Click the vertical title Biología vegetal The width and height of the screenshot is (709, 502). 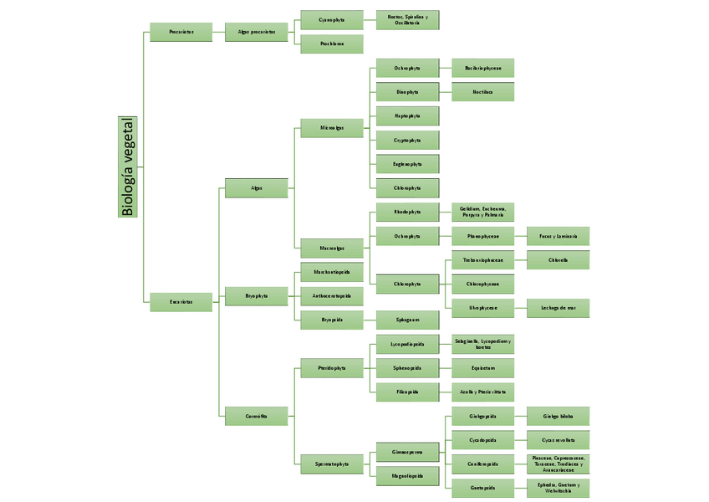128,166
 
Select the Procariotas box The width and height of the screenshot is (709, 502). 181,32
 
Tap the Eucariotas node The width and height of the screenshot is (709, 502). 181,302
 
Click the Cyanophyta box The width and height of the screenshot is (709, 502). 332,20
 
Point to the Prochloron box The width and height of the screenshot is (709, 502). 332,44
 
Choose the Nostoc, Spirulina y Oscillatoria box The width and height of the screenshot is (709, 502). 407,20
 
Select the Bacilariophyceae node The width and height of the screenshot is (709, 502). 482,68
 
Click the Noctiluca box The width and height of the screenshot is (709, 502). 482,92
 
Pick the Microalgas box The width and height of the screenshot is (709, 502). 332,128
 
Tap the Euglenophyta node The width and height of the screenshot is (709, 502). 407,164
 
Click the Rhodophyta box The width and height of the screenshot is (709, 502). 407,212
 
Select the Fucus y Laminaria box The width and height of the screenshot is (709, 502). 558,237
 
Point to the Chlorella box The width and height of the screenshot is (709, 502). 558,260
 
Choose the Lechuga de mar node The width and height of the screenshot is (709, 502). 558,308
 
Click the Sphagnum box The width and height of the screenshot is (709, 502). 407,320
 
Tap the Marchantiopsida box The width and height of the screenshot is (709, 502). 332,272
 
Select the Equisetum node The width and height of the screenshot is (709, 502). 482,367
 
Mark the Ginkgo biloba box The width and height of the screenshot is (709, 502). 558,416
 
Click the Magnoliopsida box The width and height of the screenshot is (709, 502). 407,476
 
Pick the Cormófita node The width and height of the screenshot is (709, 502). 257,416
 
